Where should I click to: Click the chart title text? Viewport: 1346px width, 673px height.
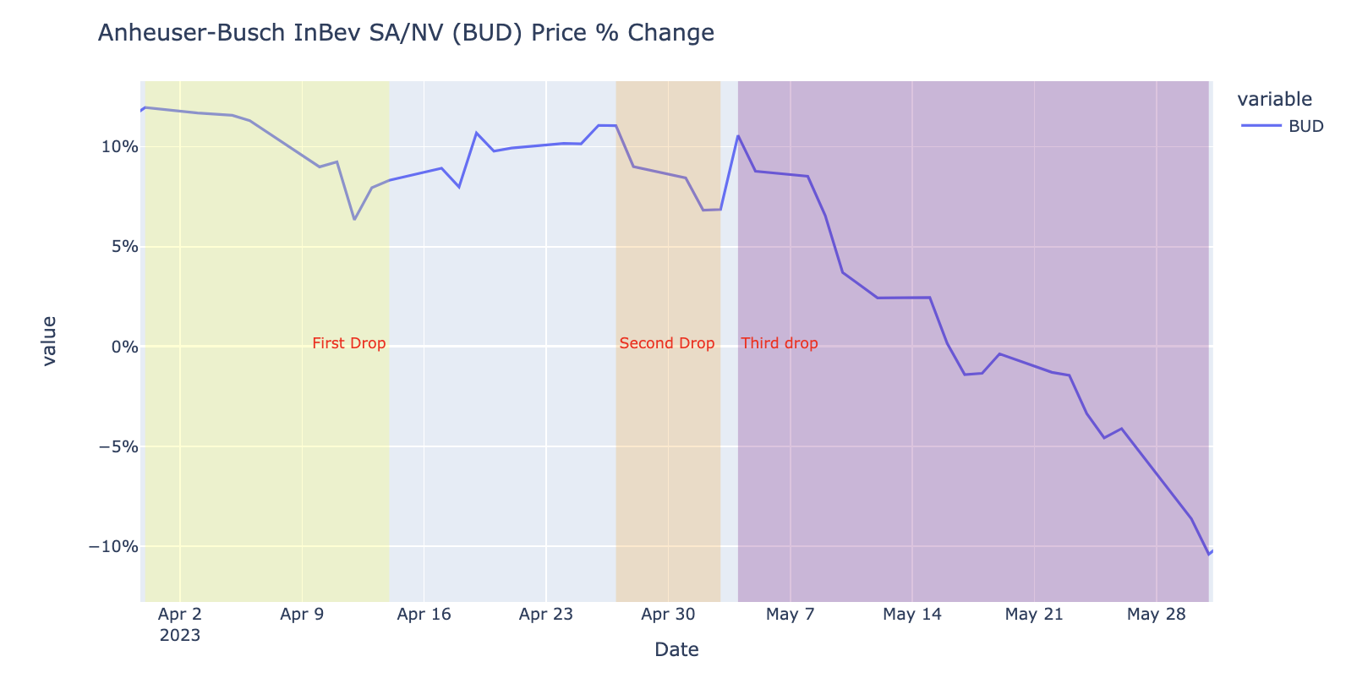click(406, 33)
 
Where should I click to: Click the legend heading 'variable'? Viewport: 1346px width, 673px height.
click(1274, 100)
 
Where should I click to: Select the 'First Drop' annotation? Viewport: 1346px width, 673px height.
click(348, 343)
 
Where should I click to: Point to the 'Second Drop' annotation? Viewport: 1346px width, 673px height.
click(666, 343)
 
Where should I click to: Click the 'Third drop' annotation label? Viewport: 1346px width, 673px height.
click(779, 343)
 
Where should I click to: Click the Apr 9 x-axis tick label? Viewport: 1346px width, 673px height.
click(302, 614)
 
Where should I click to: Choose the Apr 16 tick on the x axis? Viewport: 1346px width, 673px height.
click(424, 614)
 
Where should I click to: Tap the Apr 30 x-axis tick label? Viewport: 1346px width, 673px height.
click(668, 614)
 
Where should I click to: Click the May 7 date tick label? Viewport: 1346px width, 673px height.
click(790, 614)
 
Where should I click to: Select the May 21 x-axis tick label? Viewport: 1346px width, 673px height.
click(1033, 614)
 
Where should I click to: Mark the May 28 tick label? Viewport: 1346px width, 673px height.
click(1156, 614)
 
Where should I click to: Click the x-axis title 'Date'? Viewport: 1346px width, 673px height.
click(676, 649)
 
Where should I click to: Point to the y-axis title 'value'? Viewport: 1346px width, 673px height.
click(49, 341)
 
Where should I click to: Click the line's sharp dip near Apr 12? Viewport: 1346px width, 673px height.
click(354, 219)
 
